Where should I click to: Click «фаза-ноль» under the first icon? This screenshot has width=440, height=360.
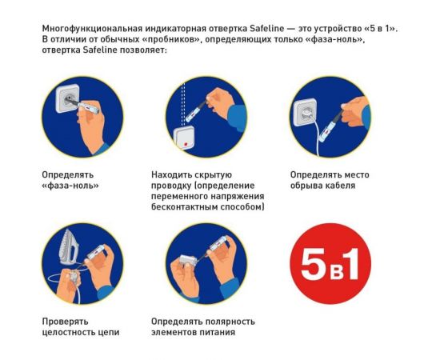69,186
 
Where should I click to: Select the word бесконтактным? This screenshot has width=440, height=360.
188,206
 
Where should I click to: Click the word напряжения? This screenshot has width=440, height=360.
240,196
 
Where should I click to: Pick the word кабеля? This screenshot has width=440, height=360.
340,186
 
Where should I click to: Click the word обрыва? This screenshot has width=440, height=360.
307,186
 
